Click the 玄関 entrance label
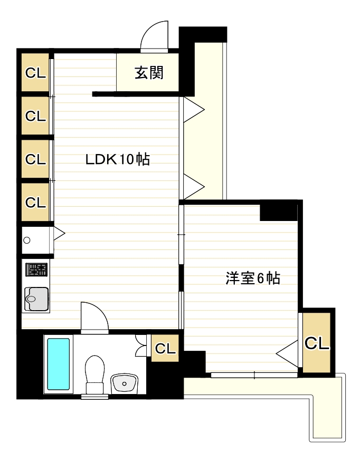(148, 73)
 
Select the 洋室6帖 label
(252, 278)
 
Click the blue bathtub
(58, 364)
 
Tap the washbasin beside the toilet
(124, 382)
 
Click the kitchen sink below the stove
(36, 299)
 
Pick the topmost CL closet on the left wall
(35, 73)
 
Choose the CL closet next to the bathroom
(165, 348)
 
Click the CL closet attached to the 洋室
(317, 343)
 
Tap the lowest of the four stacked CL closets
(35, 202)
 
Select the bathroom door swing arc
(94, 317)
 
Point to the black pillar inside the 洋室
(278, 212)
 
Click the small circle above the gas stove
(27, 241)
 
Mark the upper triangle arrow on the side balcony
(193, 111)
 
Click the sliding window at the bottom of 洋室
(254, 375)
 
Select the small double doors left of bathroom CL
(141, 346)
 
